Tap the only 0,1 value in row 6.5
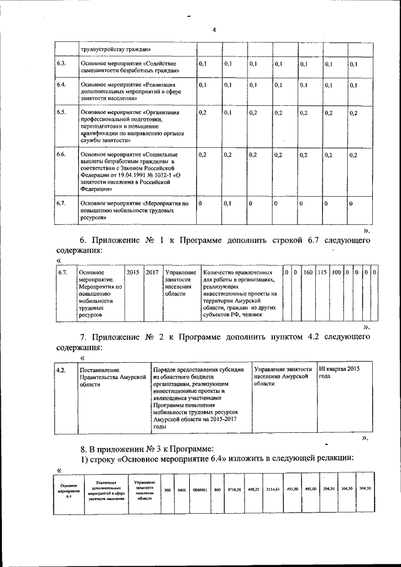(x=227, y=113)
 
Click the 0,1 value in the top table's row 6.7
(x=227, y=204)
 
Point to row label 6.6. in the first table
(x=61, y=154)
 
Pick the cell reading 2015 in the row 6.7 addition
(x=133, y=273)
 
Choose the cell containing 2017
(x=152, y=273)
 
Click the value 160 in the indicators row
(x=308, y=273)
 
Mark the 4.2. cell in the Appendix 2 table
(x=61, y=370)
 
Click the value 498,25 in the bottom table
(x=253, y=489)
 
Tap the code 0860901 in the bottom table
(x=200, y=489)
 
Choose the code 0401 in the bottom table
(x=182, y=489)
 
